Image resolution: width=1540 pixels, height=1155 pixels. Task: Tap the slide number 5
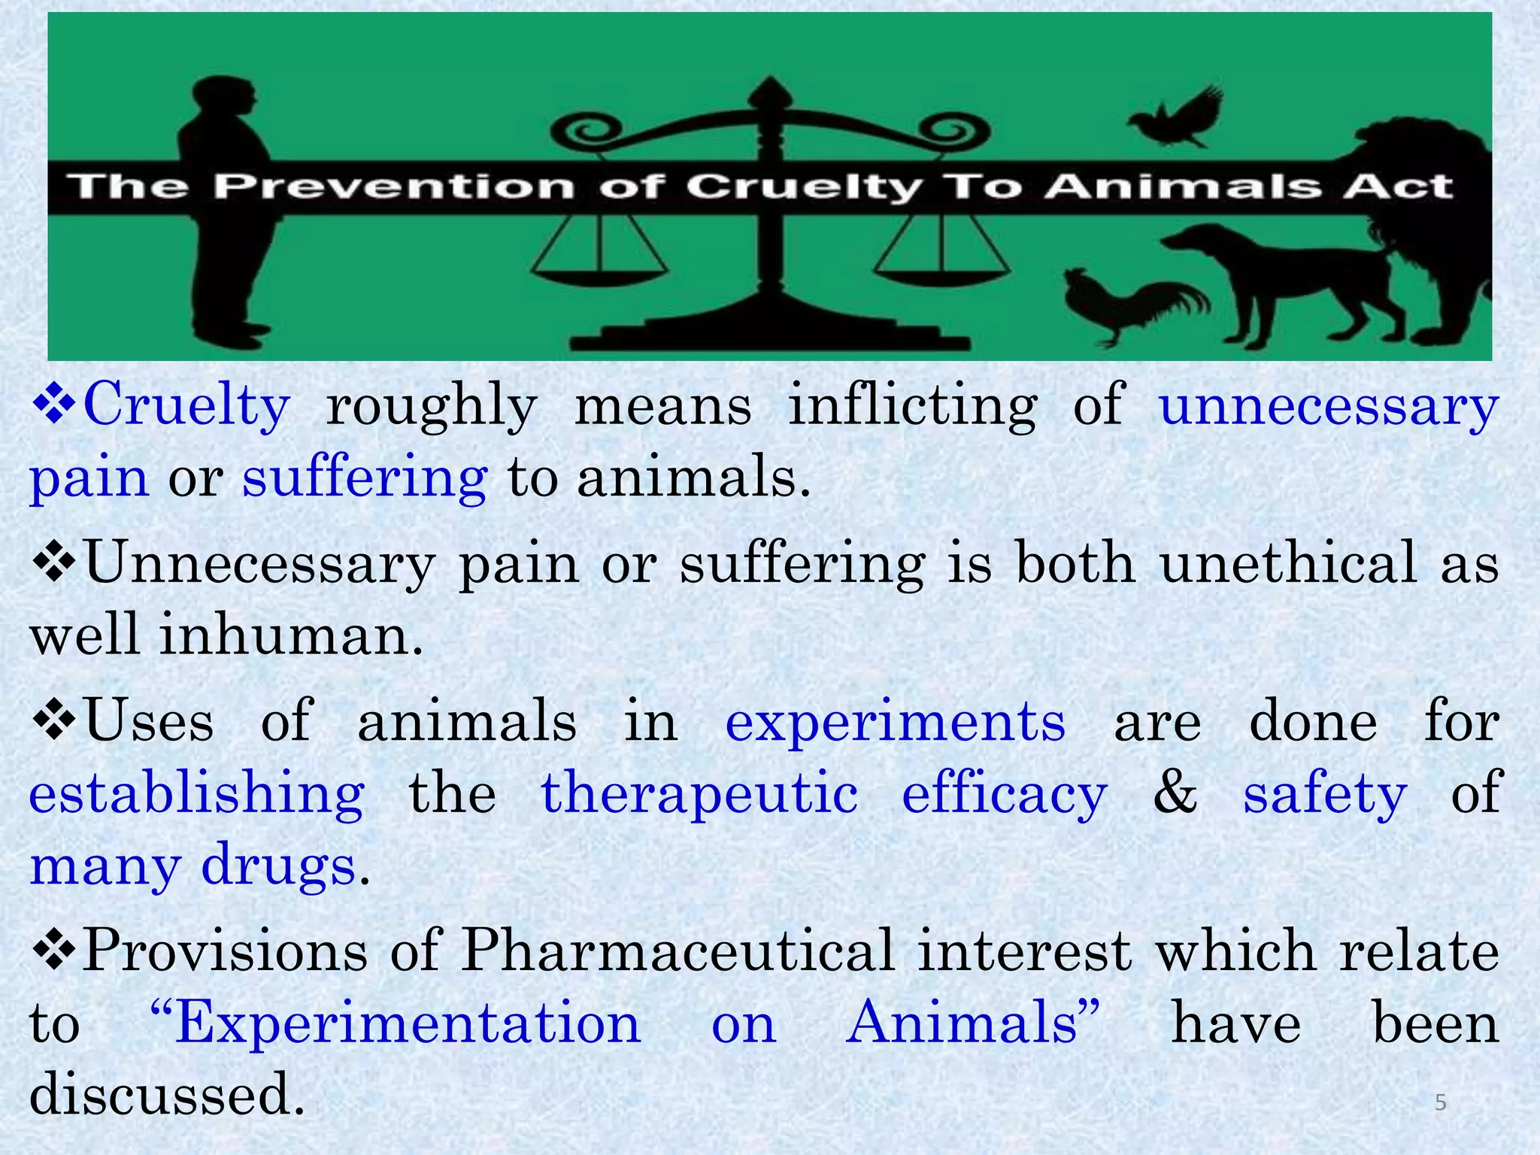pos(1441,1102)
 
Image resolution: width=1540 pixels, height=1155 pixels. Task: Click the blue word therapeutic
pos(699,793)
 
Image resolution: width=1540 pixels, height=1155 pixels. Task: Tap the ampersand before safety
pos(1175,793)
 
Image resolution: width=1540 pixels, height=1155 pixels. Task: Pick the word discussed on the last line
pos(167,1094)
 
